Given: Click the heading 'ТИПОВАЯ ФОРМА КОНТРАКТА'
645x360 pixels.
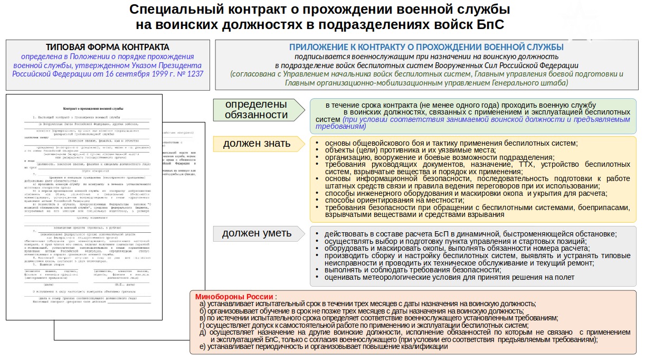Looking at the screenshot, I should click(108, 47).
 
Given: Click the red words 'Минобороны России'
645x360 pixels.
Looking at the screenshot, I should click(234, 297).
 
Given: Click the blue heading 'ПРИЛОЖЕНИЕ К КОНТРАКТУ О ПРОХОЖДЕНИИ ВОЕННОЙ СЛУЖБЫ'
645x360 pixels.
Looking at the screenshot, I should click(426, 47).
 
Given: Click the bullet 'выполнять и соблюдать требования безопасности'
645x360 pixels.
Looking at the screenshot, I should click(412, 270).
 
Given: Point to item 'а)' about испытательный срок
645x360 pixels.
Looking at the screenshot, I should click(367, 304).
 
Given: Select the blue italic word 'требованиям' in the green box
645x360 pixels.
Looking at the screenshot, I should click(338, 127).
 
